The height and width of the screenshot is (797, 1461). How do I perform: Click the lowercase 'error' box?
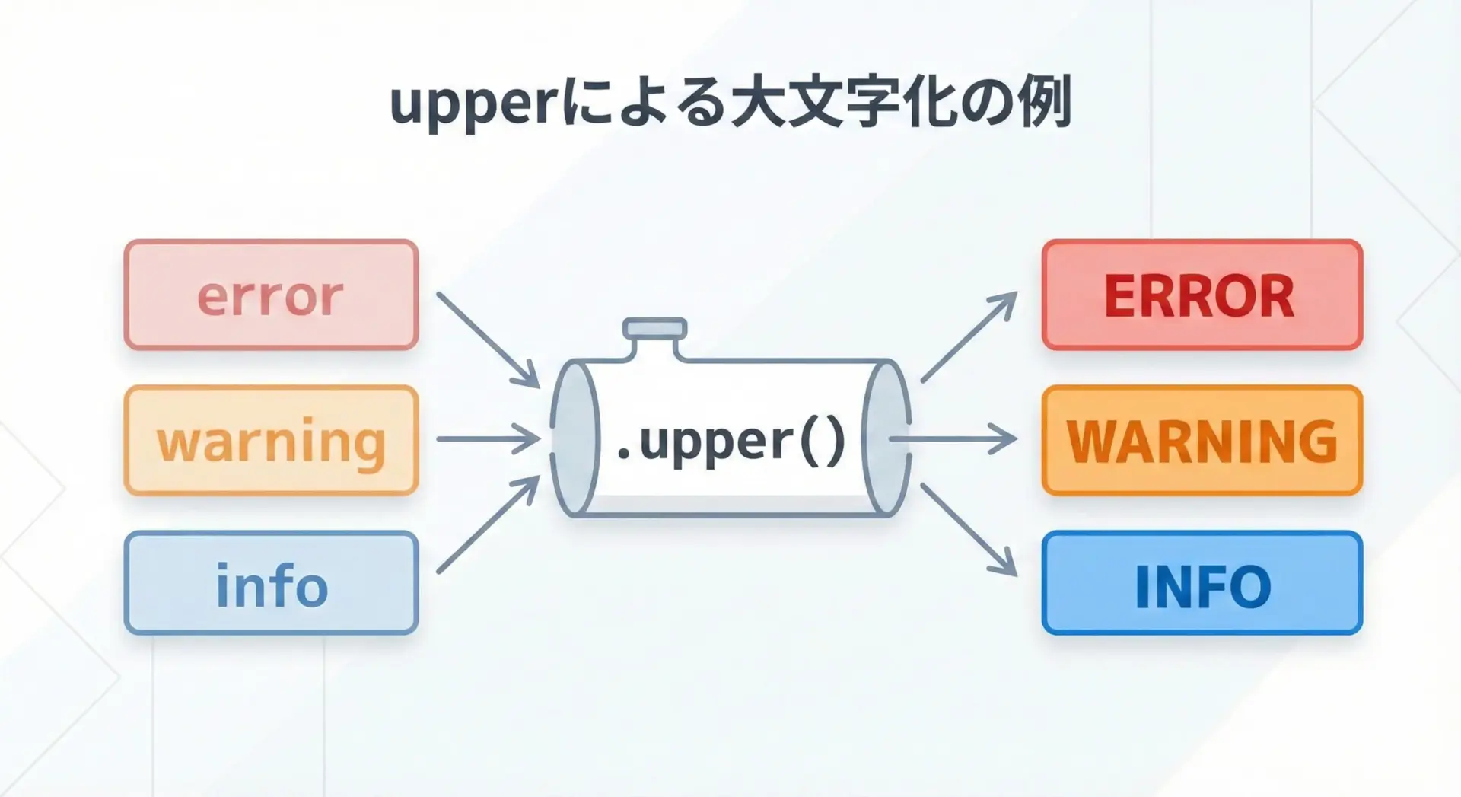tap(272, 295)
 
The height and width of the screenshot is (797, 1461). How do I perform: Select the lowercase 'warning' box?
tap(272, 441)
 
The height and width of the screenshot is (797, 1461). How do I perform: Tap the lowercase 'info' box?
tap(272, 584)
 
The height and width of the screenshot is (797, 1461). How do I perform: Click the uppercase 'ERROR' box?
tap(1201, 295)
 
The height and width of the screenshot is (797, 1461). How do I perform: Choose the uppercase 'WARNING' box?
tap(1201, 441)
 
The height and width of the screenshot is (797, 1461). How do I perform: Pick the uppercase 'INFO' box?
tap(1201, 584)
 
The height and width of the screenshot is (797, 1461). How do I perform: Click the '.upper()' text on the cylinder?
tap(730, 441)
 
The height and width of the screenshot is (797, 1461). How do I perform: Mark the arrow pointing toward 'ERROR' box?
tap(969, 336)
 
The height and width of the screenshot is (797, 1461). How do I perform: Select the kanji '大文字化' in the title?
tap(841, 103)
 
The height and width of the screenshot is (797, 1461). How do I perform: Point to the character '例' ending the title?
tap(1046, 103)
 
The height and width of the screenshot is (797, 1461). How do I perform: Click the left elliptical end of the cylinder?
tap(575, 439)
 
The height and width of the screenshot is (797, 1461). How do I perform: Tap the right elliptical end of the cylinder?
tap(886, 439)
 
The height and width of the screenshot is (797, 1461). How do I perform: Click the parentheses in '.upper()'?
tap(823, 441)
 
